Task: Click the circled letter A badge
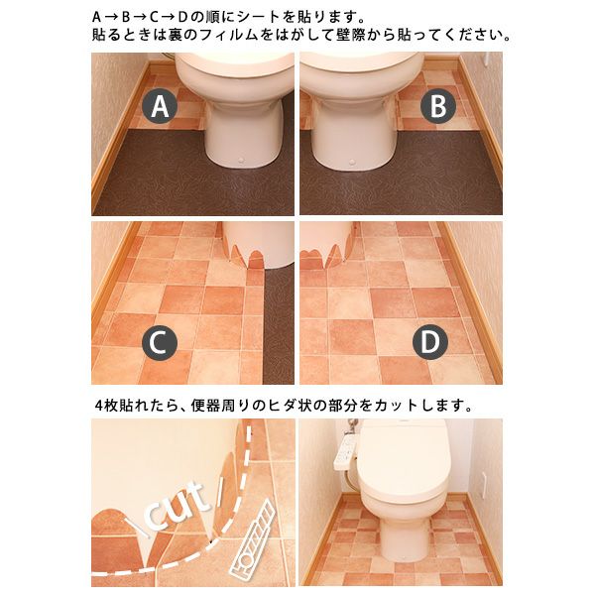click(x=160, y=106)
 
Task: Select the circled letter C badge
click(x=160, y=342)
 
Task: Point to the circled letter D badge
click(x=430, y=342)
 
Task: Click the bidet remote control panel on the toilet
click(x=344, y=451)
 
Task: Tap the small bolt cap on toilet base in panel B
click(x=352, y=163)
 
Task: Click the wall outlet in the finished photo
click(x=485, y=485)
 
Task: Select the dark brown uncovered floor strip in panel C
click(x=279, y=326)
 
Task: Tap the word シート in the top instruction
click(x=257, y=17)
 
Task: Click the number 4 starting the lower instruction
click(x=99, y=406)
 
